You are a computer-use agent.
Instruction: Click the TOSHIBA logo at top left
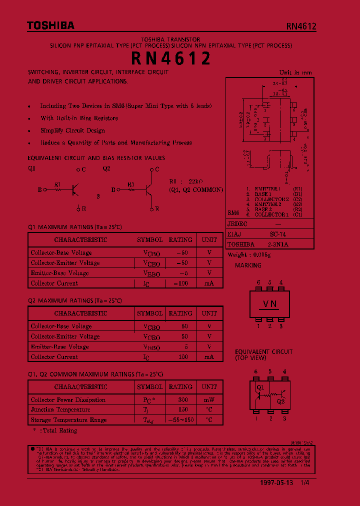(x=43, y=25)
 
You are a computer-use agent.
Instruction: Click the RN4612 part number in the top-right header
(x=301, y=26)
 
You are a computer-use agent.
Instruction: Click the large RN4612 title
(x=170, y=59)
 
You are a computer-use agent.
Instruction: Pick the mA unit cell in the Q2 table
(x=209, y=357)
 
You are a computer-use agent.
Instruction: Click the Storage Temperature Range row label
(x=68, y=420)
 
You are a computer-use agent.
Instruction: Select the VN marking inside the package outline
(x=270, y=304)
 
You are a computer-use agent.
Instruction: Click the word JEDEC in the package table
(x=237, y=224)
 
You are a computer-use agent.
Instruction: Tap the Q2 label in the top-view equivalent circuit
(x=280, y=401)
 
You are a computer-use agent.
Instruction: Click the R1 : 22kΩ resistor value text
(x=186, y=182)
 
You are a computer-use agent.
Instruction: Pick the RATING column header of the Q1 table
(x=180, y=239)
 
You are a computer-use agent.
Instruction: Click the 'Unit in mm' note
(x=295, y=72)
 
